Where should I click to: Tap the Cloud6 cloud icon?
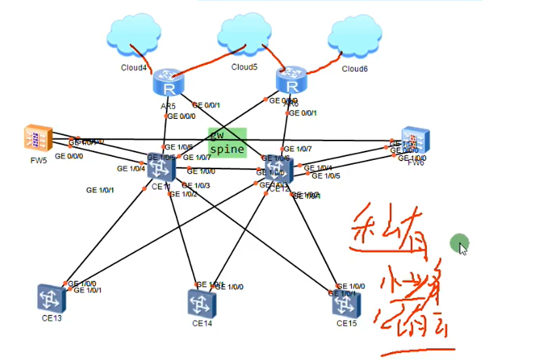[355, 39]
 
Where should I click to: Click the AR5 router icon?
[169, 83]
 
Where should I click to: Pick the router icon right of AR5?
[292, 80]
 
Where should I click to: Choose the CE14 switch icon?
[201, 303]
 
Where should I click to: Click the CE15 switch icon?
[347, 303]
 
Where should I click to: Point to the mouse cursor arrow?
[464, 248]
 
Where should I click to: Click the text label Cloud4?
[133, 68]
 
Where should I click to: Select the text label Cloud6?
[354, 69]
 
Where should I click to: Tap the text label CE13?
[51, 318]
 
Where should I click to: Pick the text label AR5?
[168, 105]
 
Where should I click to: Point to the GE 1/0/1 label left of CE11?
[100, 190]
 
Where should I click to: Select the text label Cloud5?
[244, 67]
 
